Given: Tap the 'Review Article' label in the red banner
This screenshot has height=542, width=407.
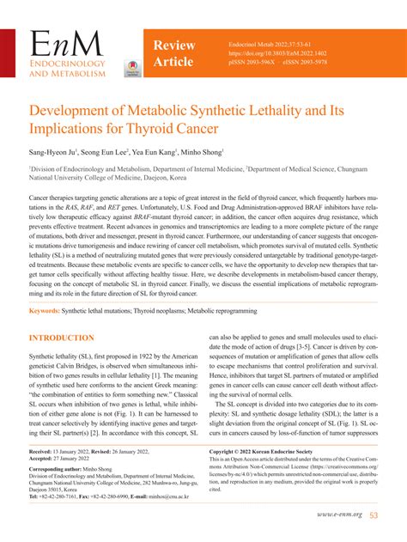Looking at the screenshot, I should [175, 52].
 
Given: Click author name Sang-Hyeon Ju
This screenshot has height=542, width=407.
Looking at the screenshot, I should [57, 151].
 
